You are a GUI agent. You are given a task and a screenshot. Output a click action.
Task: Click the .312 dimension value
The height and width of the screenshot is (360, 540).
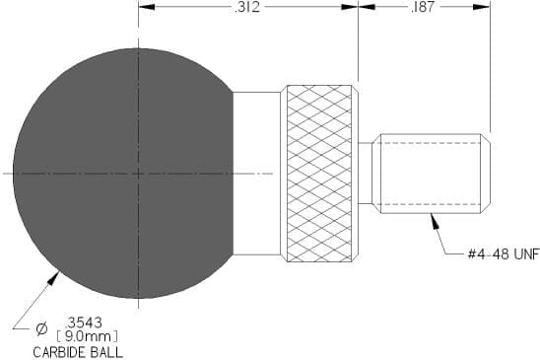tap(247, 7)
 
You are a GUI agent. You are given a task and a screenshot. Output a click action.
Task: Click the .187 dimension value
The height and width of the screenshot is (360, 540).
tap(423, 7)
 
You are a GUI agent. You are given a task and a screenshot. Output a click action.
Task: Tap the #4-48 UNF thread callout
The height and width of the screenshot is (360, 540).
tap(504, 254)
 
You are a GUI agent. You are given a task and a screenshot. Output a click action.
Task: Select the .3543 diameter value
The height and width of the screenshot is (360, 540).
tap(84, 323)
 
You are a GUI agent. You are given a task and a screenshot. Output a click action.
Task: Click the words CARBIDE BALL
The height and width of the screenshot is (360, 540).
tap(78, 352)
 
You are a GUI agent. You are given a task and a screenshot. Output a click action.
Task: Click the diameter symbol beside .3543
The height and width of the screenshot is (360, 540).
tap(41, 328)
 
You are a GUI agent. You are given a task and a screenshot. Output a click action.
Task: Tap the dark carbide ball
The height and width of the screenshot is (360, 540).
tap(123, 174)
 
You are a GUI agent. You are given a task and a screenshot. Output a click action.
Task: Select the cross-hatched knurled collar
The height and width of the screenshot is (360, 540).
tap(319, 174)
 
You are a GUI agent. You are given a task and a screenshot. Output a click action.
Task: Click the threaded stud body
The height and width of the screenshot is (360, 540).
tap(431, 174)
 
